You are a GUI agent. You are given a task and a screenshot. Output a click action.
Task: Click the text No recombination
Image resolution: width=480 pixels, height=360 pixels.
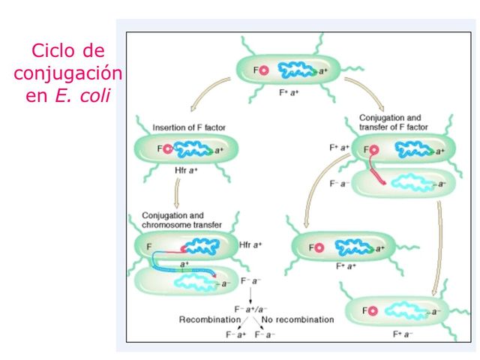click(298, 319)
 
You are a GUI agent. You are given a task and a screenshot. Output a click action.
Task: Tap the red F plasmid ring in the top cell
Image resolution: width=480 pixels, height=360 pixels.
click(266, 72)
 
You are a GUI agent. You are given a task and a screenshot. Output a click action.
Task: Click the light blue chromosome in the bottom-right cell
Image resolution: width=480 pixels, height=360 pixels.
click(403, 310)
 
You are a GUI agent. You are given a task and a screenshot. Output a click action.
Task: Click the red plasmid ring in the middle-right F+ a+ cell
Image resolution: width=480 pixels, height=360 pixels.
click(319, 247)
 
